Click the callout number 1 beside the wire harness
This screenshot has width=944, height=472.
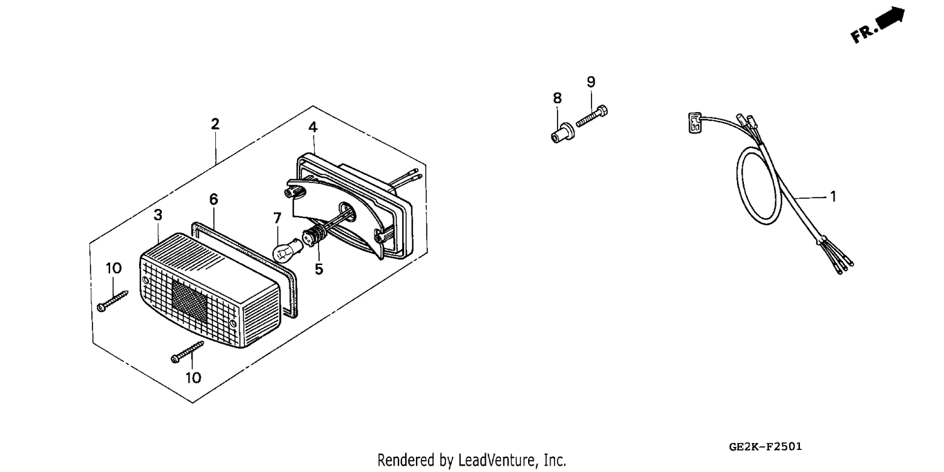point(833,196)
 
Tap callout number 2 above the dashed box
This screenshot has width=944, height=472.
point(215,124)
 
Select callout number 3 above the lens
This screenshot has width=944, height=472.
point(157,215)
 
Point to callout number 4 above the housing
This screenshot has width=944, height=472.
point(313,127)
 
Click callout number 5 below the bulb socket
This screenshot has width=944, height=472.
point(319,269)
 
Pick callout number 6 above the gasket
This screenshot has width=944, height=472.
point(214,199)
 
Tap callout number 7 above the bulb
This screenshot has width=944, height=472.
point(277,218)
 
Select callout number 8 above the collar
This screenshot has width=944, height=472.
point(557,98)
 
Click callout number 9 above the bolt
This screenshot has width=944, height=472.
point(591,82)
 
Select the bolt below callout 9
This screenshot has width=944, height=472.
point(592,115)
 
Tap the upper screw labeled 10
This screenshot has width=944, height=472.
point(113,301)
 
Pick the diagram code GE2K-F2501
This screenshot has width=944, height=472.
point(765,447)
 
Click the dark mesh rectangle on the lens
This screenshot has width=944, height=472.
point(189,300)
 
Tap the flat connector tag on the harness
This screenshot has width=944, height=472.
point(695,123)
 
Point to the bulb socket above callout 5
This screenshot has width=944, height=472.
point(315,237)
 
